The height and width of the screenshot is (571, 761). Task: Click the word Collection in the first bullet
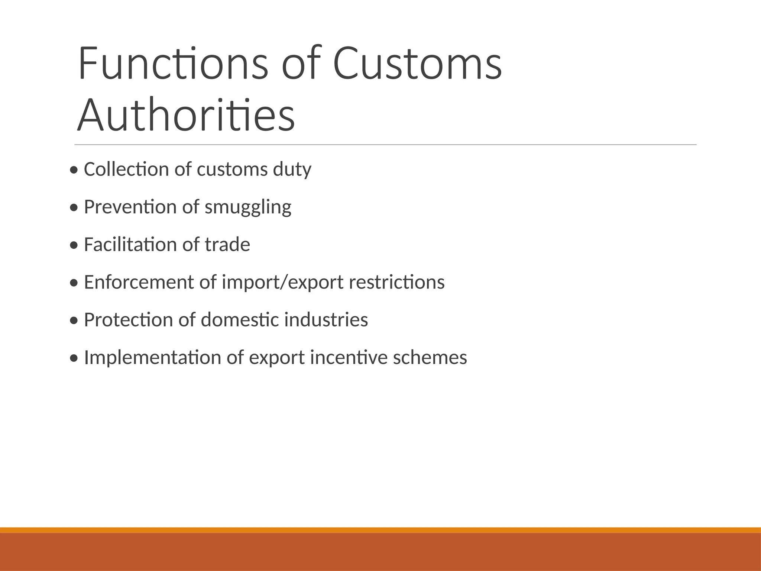click(x=126, y=169)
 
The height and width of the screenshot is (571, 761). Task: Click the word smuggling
click(x=248, y=207)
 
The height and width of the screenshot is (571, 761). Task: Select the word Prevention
click(x=130, y=207)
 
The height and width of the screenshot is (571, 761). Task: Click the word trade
click(x=227, y=244)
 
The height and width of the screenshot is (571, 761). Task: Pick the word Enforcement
click(x=139, y=282)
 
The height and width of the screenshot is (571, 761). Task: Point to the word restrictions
click(x=396, y=282)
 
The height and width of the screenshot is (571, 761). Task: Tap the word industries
click(x=326, y=319)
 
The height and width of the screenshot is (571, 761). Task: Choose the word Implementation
click(x=152, y=357)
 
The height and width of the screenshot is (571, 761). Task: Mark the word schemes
click(x=430, y=357)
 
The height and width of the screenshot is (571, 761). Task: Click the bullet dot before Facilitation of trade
click(x=74, y=245)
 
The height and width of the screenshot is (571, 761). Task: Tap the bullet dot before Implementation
click(x=74, y=358)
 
